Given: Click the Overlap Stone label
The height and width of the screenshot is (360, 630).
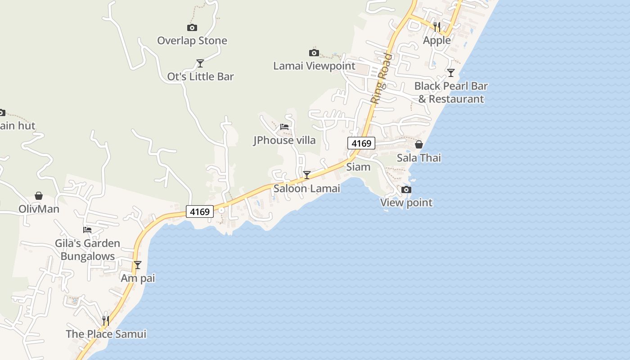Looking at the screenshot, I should point(192,40).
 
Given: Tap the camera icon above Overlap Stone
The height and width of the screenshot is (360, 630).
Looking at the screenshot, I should point(192,28).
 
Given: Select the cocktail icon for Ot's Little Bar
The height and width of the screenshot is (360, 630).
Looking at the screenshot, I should point(200,63).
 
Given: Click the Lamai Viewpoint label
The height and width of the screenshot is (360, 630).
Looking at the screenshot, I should point(314,66).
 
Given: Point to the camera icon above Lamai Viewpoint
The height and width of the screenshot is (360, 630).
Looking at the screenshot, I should point(314,53).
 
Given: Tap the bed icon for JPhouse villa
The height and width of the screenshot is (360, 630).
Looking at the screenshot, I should point(284,127).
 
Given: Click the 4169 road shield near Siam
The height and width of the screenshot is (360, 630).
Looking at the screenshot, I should point(361,144).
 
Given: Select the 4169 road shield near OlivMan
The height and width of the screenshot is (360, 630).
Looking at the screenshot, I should point(200,211).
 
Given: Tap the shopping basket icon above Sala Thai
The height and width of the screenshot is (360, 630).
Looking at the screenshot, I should point(419,144).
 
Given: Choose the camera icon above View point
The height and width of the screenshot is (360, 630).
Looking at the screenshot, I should point(406,190).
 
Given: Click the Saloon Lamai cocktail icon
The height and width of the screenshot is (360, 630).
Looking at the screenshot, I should point(307,175).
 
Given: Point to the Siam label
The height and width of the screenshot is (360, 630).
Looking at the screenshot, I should point(358,167).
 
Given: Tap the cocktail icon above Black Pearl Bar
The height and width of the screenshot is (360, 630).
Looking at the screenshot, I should point(451,73).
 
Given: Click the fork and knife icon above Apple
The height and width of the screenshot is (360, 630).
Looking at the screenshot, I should point(437,27).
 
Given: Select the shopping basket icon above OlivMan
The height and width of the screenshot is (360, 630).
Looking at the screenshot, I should point(39,196).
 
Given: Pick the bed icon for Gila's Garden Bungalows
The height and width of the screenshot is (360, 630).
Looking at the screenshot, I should point(87,230).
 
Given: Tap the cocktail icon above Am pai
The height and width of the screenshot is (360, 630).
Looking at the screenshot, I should point(138,265).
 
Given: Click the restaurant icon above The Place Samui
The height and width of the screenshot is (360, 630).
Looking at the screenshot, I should point(106,320).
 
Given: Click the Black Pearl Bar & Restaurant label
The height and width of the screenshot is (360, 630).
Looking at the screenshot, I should point(451,92).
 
